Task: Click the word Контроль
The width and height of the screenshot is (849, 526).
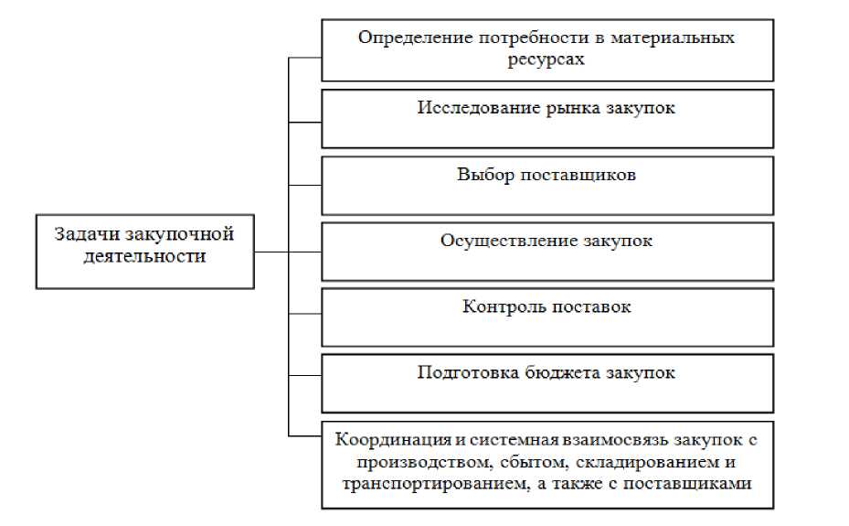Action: coord(504,306)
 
